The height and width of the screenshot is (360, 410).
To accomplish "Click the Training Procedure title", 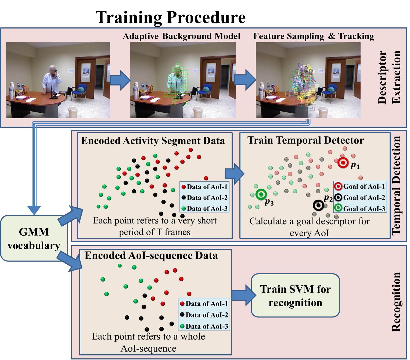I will (171, 17).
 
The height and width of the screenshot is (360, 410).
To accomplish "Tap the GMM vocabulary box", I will (34, 238).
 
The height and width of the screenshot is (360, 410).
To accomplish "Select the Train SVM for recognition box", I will (295, 295).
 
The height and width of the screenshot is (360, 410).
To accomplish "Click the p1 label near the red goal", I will (355, 165).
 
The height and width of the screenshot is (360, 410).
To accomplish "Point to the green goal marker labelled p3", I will (261, 194).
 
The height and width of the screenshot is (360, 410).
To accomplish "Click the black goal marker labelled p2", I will (319, 205).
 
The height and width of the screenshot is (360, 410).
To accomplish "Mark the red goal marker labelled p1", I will (343, 163).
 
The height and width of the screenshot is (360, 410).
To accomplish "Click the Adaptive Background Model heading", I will (181, 36).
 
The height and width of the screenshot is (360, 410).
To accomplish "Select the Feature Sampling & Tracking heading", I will (314, 36).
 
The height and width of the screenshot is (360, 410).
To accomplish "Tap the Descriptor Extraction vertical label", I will (389, 77).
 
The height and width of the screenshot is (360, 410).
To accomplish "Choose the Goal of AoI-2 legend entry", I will (360, 198).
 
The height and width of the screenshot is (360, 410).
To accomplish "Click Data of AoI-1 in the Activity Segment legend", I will (204, 187).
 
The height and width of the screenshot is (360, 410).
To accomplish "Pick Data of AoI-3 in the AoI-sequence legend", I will (204, 326).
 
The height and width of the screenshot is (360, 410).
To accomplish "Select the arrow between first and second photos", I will (120, 80).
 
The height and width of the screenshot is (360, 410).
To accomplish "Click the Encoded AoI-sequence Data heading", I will (151, 255).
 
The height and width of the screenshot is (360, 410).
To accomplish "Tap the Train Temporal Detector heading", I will (305, 140).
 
